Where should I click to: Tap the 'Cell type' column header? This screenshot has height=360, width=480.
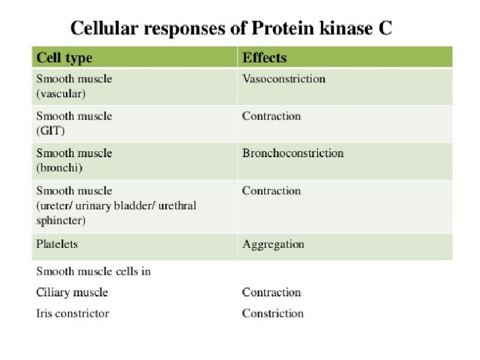[x=64, y=58]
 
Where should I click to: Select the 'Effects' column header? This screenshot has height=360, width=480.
[x=264, y=58]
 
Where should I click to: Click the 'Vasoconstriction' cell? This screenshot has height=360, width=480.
[x=283, y=79]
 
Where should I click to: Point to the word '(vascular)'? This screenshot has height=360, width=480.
[x=61, y=94]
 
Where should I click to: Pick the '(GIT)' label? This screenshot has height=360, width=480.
[x=50, y=131]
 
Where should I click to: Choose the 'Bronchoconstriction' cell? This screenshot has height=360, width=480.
[x=293, y=153]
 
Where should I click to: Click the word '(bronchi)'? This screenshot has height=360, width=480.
[x=59, y=168]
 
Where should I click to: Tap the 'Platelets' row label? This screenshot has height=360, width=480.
[x=57, y=245]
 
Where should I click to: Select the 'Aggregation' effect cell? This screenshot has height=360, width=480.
[x=273, y=245]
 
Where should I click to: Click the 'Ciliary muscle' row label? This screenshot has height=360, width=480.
[x=72, y=293]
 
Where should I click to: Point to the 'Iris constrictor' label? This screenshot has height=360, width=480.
[x=73, y=313]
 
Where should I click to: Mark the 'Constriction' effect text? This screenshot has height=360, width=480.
[x=272, y=313]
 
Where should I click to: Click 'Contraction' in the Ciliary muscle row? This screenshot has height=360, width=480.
[x=271, y=293]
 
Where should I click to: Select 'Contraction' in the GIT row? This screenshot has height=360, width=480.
[x=271, y=116]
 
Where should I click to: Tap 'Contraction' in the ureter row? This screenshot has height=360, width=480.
[x=271, y=191]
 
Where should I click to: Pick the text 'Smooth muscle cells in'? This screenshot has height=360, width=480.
[x=93, y=271]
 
